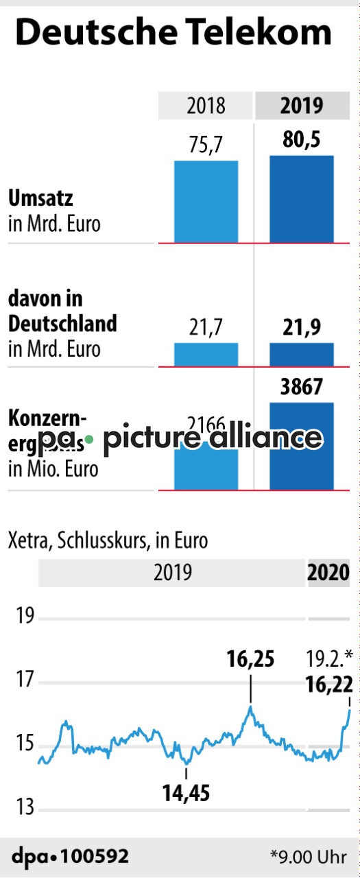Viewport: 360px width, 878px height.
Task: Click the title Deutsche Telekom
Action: (x=173, y=33)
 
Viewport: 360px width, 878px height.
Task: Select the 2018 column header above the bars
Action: (x=206, y=106)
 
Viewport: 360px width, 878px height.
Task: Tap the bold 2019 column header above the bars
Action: (x=302, y=106)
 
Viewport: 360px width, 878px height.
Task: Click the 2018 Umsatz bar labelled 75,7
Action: (x=206, y=202)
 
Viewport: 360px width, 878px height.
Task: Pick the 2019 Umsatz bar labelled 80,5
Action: (x=302, y=199)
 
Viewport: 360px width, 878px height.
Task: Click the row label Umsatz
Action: (x=40, y=199)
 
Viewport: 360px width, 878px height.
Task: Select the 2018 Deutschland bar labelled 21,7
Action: (x=206, y=355)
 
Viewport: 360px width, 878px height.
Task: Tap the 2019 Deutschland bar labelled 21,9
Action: (x=302, y=355)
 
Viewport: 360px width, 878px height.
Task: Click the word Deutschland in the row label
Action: (x=62, y=323)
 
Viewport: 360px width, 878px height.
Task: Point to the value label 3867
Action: (x=302, y=388)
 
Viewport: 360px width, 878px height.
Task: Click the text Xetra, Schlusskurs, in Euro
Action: (x=108, y=541)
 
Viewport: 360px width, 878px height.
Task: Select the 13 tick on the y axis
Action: (x=26, y=808)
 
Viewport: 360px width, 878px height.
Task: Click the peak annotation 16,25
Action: (x=250, y=659)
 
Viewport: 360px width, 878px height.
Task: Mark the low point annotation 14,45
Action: (x=186, y=794)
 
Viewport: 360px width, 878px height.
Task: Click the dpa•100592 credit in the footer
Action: (x=70, y=856)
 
